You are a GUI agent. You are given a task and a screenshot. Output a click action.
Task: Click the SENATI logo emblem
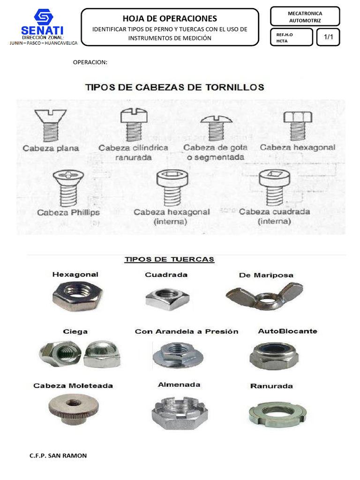point(43,18)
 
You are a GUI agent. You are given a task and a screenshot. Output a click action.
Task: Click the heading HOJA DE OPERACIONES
point(170,18)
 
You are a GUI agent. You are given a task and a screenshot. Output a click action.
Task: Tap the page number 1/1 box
point(328,37)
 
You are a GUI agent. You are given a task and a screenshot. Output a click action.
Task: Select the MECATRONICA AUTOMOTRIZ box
point(305,17)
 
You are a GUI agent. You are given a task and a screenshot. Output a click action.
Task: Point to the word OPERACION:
point(90,62)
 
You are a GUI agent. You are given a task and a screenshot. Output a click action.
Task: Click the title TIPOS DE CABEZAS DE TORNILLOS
point(174,87)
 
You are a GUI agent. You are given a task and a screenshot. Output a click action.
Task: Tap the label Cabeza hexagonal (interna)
point(172,217)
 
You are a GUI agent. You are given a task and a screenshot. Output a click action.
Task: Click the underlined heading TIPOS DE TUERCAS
point(169,259)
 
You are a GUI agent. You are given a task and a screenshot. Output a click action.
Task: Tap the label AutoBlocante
point(287,331)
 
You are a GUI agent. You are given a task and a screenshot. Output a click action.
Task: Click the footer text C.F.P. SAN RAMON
point(58,456)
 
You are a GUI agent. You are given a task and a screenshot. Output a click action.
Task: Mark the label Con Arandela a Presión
point(187,331)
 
